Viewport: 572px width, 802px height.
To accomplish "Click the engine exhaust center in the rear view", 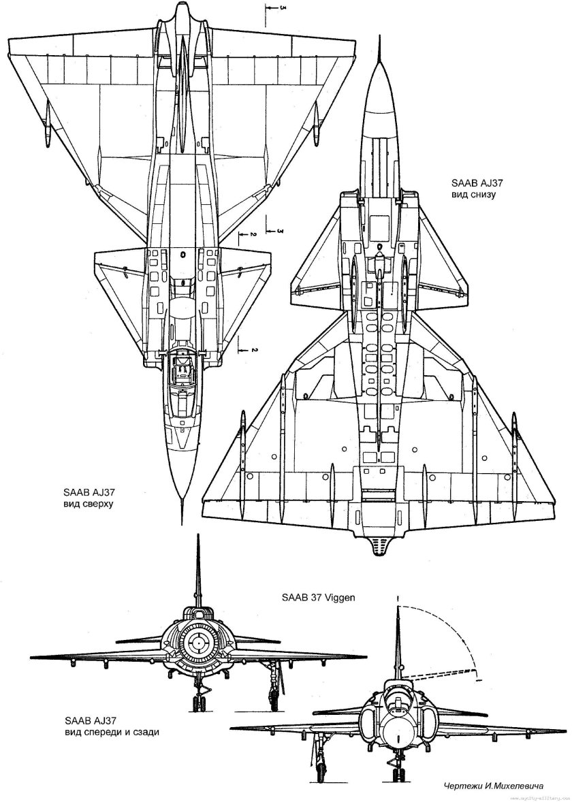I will (197, 641).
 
